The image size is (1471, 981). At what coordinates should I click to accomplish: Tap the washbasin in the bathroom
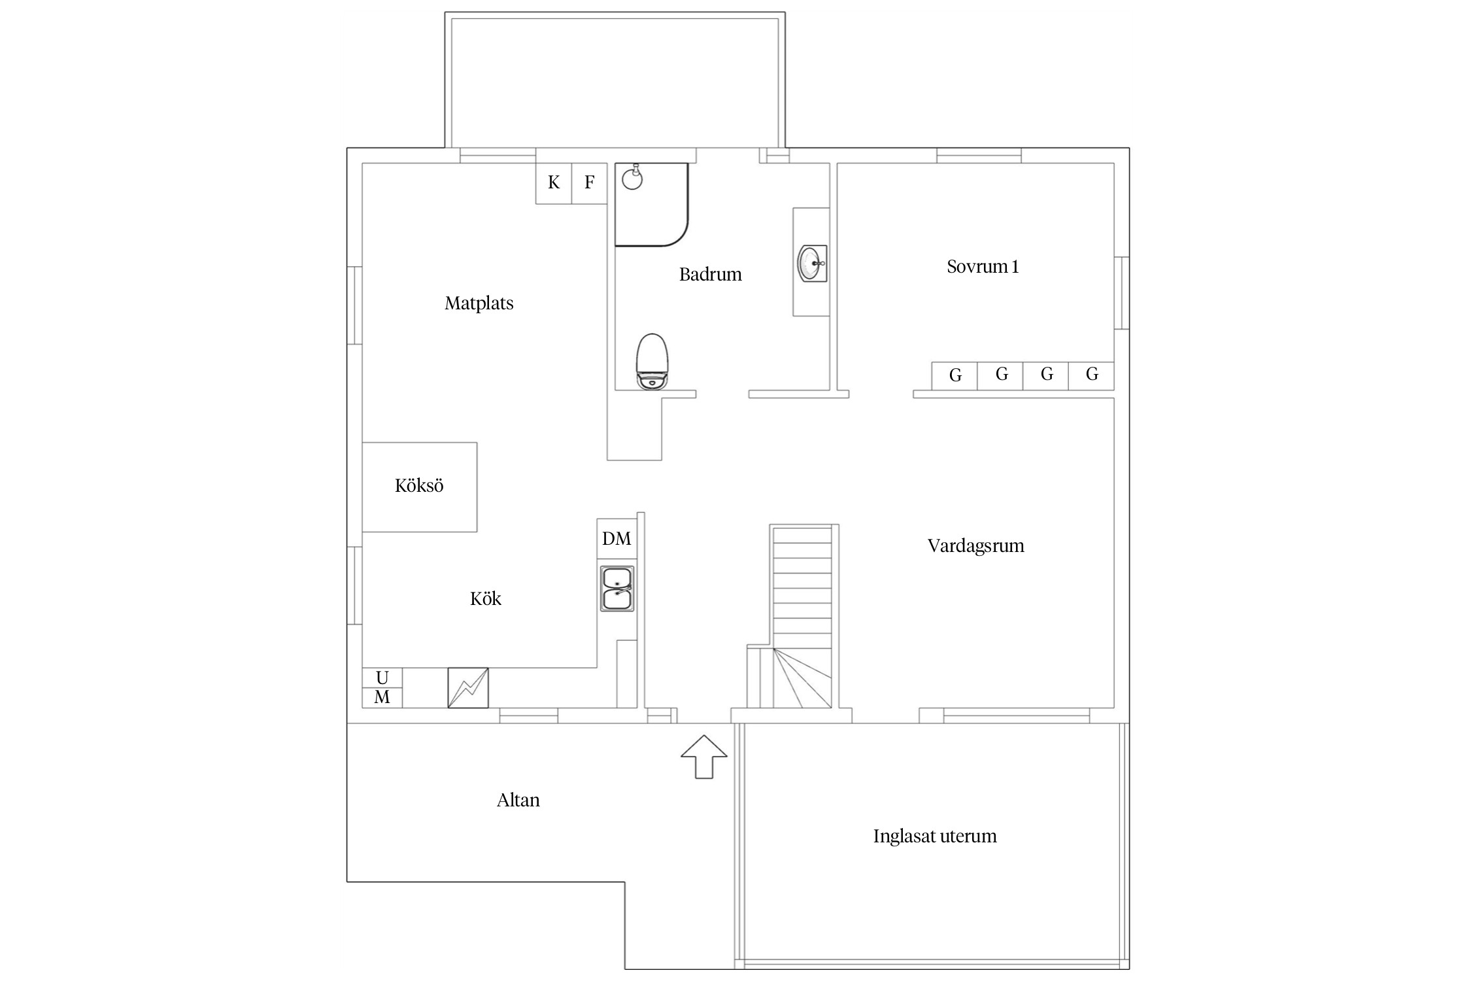point(812,263)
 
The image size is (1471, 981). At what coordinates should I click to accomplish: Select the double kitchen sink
point(617,589)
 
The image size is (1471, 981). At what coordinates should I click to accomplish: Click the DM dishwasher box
point(617,539)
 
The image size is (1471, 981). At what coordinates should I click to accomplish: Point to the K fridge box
point(554,183)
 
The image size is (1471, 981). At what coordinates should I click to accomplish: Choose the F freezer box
point(590,183)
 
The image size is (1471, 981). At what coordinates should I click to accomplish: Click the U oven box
point(382,678)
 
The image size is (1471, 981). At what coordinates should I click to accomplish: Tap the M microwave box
point(382,698)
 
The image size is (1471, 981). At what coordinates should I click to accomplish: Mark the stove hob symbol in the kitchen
point(468,687)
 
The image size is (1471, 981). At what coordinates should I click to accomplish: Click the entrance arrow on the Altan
point(704,757)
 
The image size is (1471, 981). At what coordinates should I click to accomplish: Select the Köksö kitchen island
point(420,487)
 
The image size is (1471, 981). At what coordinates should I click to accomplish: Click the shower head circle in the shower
point(632,179)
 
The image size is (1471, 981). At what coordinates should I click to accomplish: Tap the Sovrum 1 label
point(983,267)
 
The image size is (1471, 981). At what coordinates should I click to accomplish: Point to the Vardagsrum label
point(975,546)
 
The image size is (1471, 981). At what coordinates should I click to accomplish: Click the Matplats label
point(479,303)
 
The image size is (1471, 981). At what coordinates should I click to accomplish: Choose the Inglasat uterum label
point(935,836)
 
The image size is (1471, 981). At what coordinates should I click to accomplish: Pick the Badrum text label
point(711,275)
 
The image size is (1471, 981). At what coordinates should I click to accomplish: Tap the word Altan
point(518,800)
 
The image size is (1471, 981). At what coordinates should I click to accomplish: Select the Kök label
point(486,599)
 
